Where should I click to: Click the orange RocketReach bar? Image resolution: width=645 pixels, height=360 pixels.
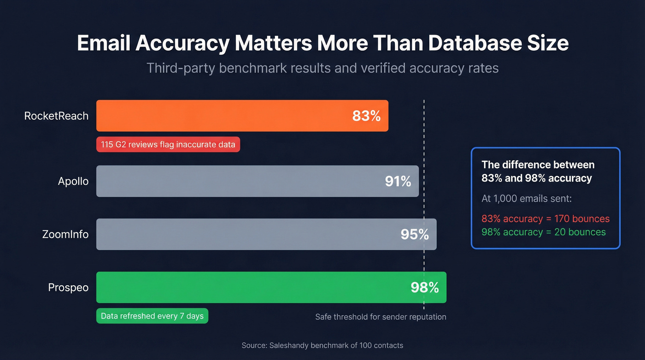(x=221, y=116)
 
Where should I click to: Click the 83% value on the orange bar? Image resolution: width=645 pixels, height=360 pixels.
(x=366, y=116)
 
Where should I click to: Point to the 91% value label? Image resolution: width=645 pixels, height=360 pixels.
(x=398, y=181)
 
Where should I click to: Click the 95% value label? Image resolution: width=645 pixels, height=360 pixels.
(x=414, y=234)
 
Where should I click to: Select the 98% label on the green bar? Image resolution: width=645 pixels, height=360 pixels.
(x=424, y=288)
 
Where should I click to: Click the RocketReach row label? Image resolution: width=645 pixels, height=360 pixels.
(x=56, y=116)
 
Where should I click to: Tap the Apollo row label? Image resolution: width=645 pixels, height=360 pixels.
(x=73, y=181)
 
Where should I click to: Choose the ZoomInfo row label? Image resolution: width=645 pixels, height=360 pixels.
(x=65, y=234)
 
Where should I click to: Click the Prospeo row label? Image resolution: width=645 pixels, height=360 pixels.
(x=68, y=288)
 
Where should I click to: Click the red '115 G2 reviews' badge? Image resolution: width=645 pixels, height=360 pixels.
(x=168, y=144)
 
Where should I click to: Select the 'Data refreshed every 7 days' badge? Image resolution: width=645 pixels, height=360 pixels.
(x=152, y=316)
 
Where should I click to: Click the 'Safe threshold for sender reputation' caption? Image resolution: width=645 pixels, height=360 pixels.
(x=381, y=317)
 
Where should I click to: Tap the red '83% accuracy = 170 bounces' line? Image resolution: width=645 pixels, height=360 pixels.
(x=545, y=219)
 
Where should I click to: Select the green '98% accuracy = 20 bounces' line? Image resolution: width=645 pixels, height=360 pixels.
(x=543, y=232)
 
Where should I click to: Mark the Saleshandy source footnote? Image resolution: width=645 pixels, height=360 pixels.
(x=322, y=345)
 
